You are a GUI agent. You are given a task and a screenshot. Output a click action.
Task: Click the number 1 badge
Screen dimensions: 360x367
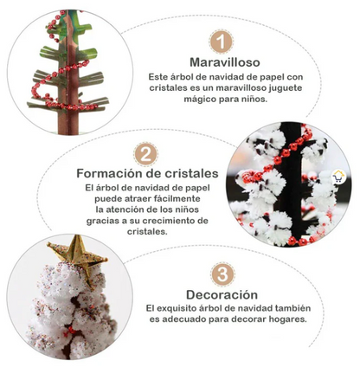221,42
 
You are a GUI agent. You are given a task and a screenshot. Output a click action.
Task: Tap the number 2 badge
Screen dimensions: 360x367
146,154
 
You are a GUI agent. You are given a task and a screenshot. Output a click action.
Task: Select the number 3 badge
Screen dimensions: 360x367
222,274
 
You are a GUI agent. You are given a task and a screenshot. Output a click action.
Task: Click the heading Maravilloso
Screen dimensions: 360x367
225,62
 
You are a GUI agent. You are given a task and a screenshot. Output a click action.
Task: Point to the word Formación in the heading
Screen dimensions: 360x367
108,173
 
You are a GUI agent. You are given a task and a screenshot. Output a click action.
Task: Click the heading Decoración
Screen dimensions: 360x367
222,295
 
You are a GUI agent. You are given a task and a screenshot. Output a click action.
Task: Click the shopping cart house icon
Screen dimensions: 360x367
339,177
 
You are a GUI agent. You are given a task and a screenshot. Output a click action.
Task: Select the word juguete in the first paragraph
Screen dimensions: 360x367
286,88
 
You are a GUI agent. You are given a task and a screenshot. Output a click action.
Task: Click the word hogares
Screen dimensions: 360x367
287,319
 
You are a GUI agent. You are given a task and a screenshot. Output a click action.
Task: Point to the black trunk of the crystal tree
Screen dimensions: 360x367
291,184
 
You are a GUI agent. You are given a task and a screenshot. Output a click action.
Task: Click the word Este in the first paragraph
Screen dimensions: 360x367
157,77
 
